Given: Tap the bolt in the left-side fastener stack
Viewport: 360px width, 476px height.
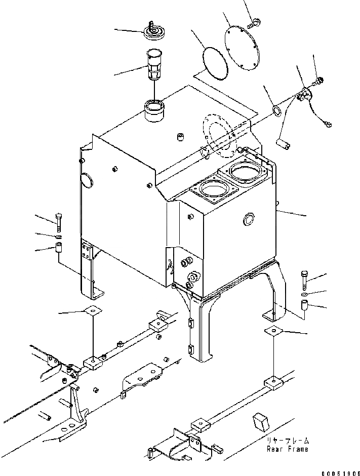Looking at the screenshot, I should [x=58, y=221].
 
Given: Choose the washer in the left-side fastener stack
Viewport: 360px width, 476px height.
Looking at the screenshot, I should [x=58, y=236].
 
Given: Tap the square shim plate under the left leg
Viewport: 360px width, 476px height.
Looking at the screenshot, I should [x=93, y=310].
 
